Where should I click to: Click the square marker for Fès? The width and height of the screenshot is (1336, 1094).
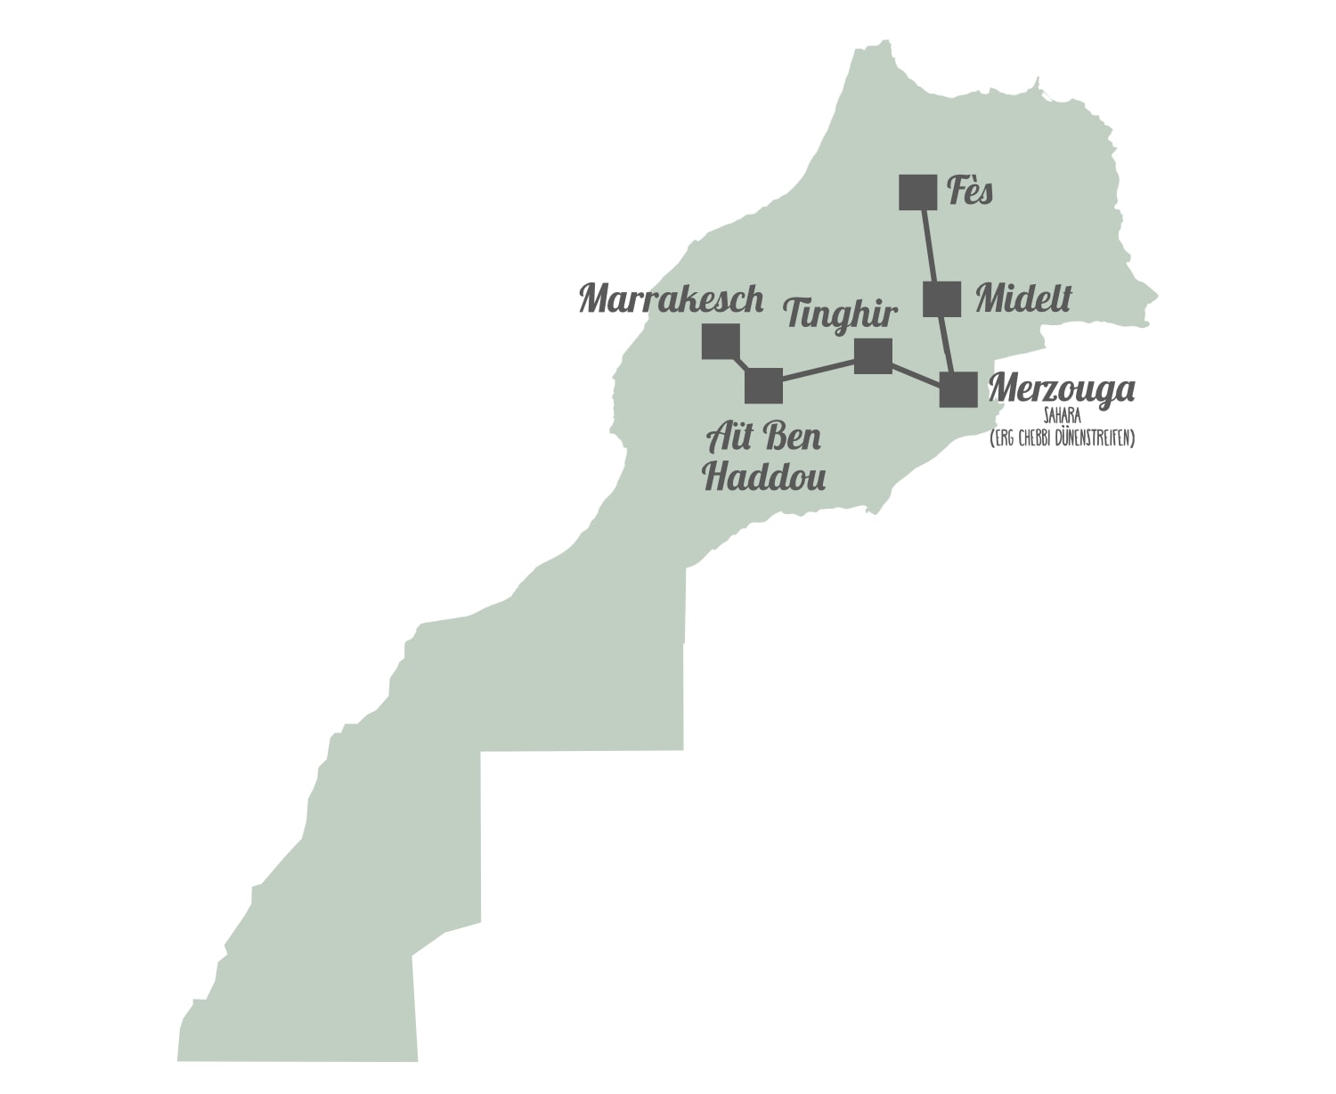click(x=917, y=192)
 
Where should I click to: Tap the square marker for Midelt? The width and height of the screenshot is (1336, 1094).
click(x=941, y=299)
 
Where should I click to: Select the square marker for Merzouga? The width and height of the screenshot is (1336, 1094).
click(x=958, y=389)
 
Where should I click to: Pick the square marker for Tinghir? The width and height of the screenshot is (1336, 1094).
click(x=873, y=356)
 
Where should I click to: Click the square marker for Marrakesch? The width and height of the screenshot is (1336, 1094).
click(x=721, y=341)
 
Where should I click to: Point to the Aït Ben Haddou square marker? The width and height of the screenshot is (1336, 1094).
click(x=763, y=386)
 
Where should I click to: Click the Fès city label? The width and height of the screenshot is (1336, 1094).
click(x=970, y=191)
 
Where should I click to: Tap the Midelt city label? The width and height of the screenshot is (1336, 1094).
click(x=1023, y=298)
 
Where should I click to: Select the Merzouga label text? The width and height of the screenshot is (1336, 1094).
click(x=1062, y=388)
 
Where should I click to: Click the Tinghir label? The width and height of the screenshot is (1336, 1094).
click(x=840, y=314)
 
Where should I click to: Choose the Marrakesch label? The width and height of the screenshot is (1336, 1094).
click(x=672, y=298)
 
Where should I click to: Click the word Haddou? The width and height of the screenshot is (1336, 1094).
click(x=764, y=476)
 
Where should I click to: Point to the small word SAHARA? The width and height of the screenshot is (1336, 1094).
click(x=1062, y=416)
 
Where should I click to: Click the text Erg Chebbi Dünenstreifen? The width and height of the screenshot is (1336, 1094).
click(x=1062, y=438)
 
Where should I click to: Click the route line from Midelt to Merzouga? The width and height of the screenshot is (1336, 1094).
click(x=949, y=344)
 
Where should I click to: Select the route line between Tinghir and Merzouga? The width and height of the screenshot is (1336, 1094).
click(x=916, y=372)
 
